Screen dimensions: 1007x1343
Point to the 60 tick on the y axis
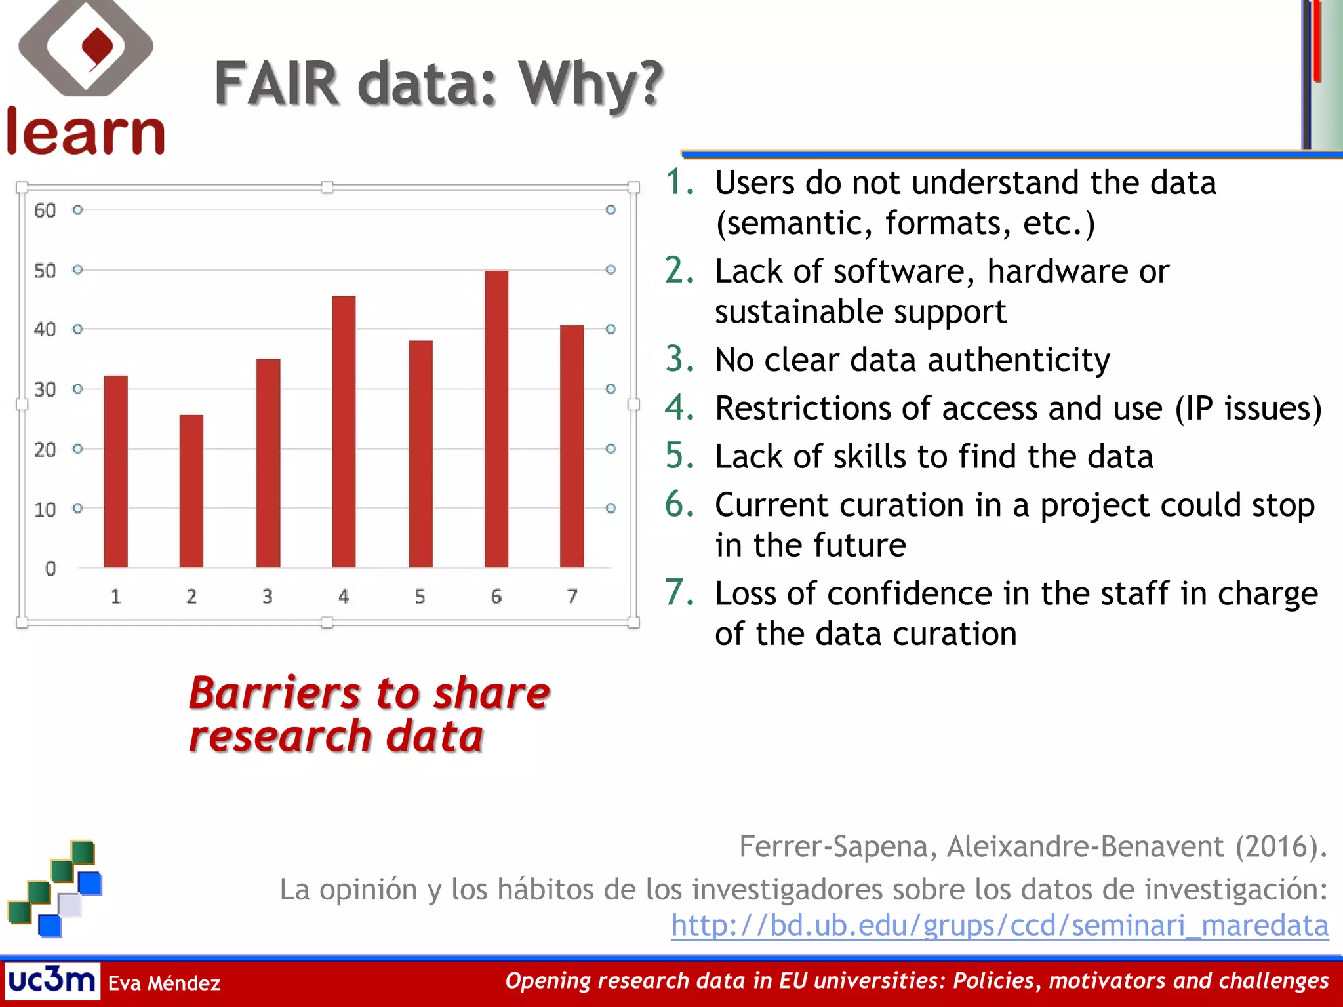click(45, 210)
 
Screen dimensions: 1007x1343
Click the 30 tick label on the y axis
click(45, 389)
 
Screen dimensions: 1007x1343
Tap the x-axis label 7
click(572, 596)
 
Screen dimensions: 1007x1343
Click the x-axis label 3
click(268, 596)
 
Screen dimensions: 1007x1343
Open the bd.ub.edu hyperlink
click(999, 925)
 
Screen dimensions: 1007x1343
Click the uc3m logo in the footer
click(52, 981)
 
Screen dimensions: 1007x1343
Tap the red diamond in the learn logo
click(97, 48)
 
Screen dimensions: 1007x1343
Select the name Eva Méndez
click(164, 983)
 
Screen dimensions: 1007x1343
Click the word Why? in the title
click(591, 83)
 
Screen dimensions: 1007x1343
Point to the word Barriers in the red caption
click(275, 693)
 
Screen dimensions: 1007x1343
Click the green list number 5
click(679, 456)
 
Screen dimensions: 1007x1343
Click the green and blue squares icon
click(56, 888)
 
